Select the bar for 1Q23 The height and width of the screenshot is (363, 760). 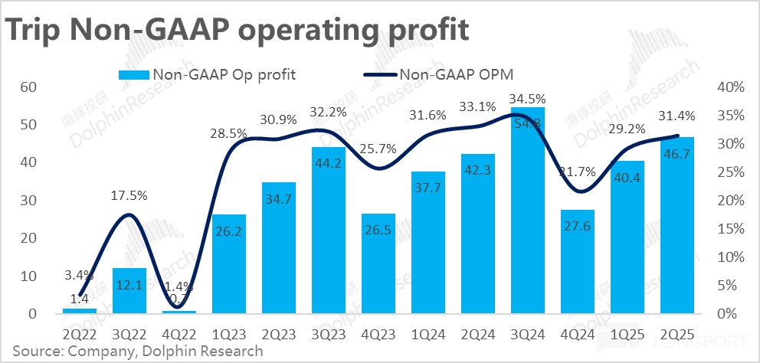tap(229, 264)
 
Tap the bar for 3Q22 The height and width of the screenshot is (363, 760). tap(129, 291)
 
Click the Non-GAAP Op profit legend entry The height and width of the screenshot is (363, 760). tap(208, 74)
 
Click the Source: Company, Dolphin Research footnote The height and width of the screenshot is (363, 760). tap(137, 352)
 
